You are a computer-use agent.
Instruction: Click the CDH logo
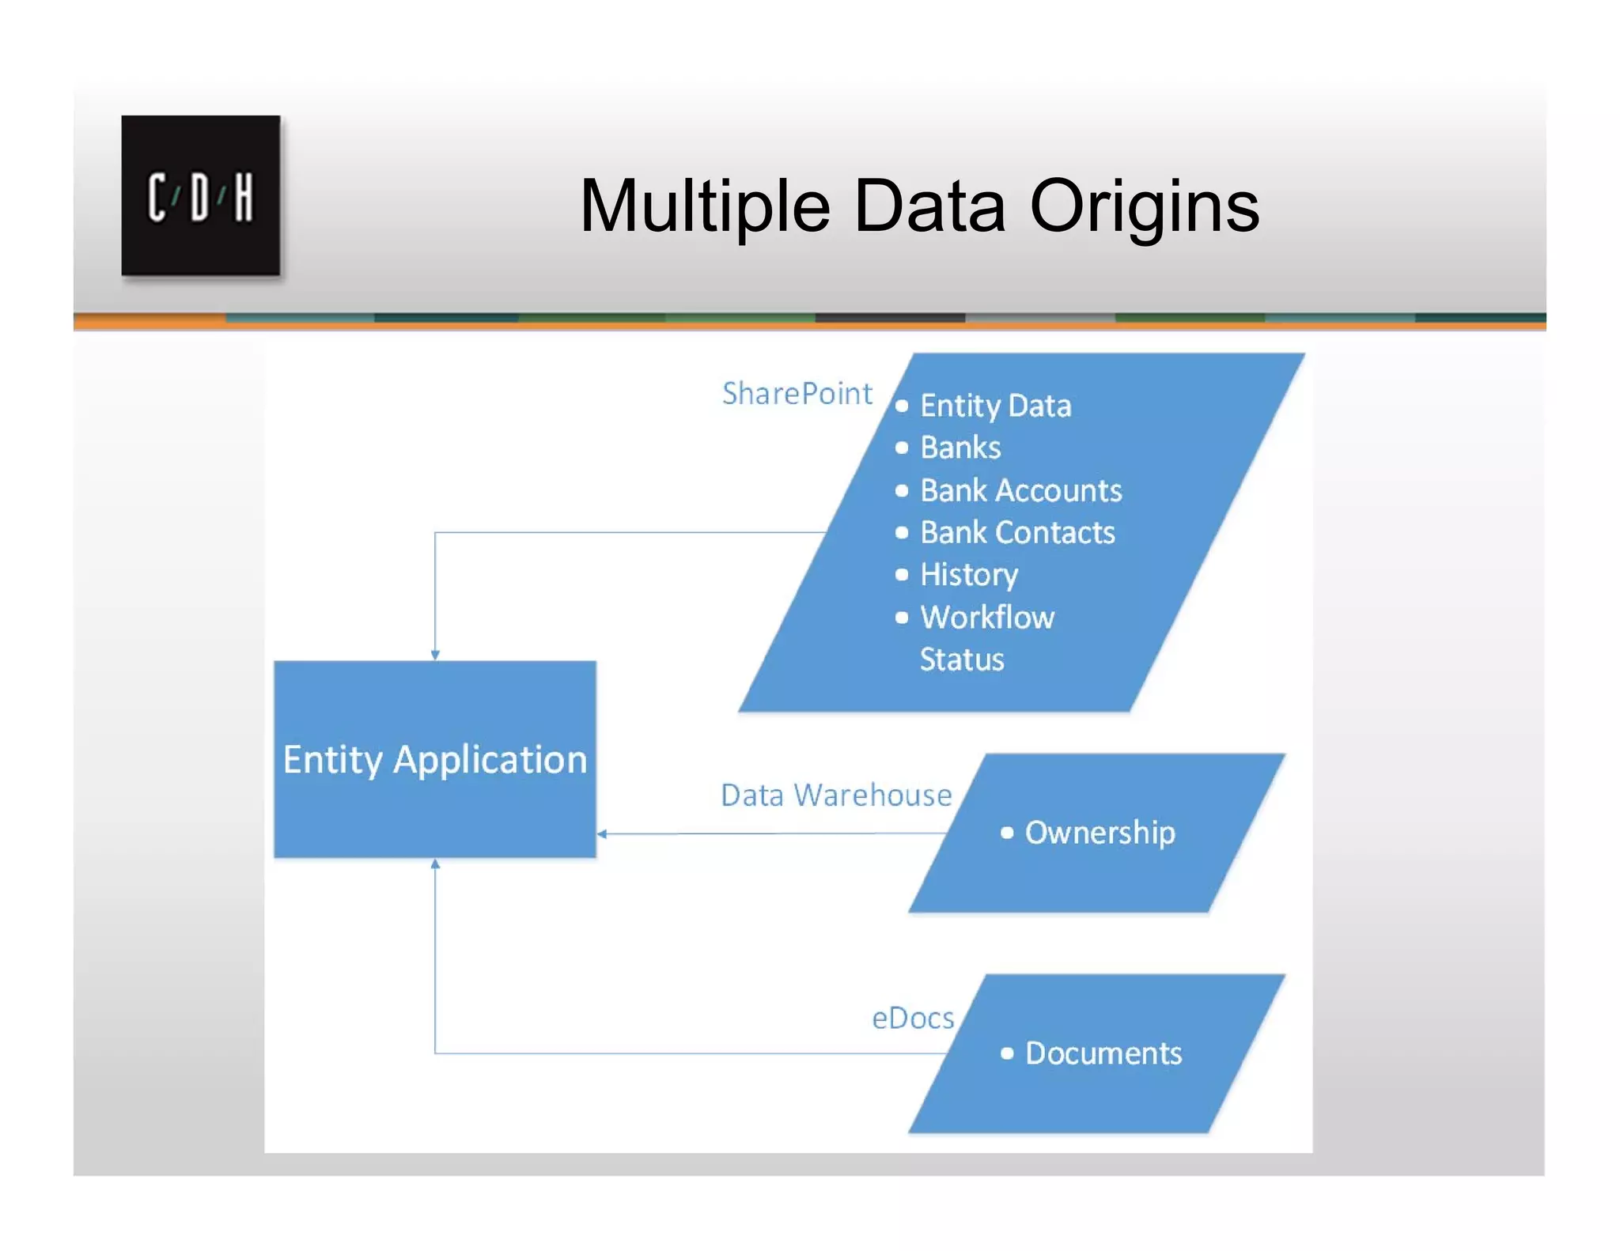pyautogui.click(x=200, y=195)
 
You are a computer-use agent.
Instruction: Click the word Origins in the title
pyautogui.click(x=1144, y=207)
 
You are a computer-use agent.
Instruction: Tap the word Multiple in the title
pyautogui.click(x=704, y=207)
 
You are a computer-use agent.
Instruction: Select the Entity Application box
pyautogui.click(x=434, y=759)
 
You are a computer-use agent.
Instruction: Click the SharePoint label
pyautogui.click(x=797, y=393)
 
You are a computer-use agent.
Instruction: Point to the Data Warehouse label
pyautogui.click(x=835, y=795)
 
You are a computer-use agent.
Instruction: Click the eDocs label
pyautogui.click(x=912, y=1018)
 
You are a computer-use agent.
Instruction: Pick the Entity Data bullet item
pyautogui.click(x=995, y=406)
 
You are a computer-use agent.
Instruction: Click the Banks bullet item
pyautogui.click(x=960, y=448)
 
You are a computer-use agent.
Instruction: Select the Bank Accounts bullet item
pyautogui.click(x=1020, y=490)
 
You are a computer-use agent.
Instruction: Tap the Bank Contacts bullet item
pyautogui.click(x=1017, y=532)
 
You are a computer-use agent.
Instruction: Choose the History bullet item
pyautogui.click(x=969, y=574)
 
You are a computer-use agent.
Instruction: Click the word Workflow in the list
pyautogui.click(x=987, y=617)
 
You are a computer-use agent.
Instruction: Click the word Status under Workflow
pyautogui.click(x=962, y=660)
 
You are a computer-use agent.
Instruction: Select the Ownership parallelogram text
pyautogui.click(x=1100, y=832)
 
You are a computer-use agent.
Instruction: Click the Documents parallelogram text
pyautogui.click(x=1103, y=1053)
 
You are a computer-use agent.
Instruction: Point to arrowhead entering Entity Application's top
pyautogui.click(x=435, y=655)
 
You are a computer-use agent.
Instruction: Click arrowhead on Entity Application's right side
pyautogui.click(x=602, y=833)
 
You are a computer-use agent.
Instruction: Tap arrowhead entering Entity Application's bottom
pyautogui.click(x=435, y=864)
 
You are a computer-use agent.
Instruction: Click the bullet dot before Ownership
pyautogui.click(x=1007, y=833)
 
